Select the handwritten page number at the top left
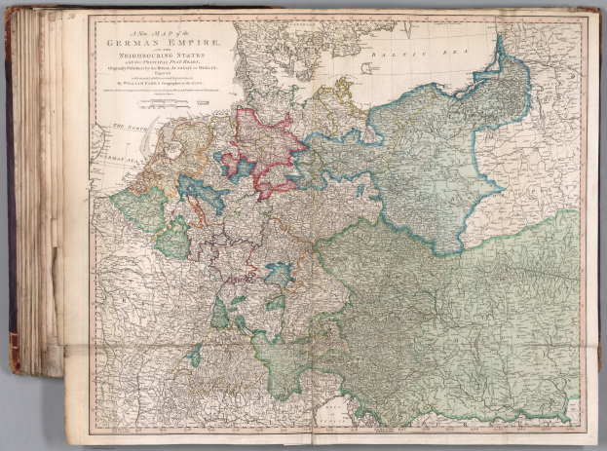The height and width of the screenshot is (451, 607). pos(74,17)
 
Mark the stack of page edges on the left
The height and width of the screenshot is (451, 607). pos(44,195)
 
